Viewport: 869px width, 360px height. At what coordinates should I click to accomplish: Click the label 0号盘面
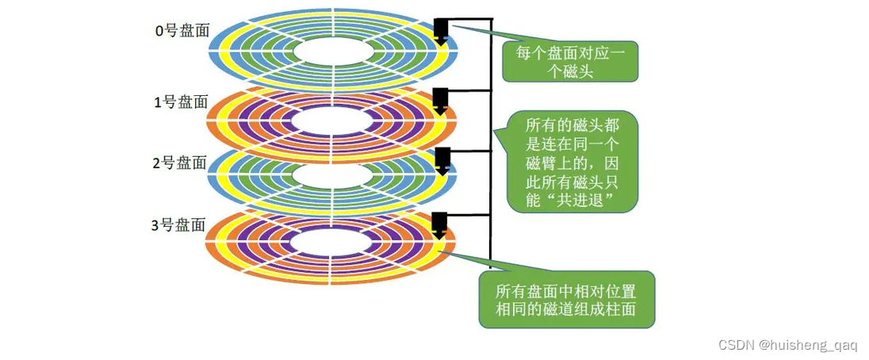[x=180, y=32]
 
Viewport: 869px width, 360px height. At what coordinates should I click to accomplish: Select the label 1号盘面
[x=180, y=102]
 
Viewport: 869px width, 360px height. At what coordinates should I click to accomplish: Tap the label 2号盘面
[x=179, y=163]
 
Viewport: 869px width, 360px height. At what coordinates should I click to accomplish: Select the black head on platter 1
[x=442, y=99]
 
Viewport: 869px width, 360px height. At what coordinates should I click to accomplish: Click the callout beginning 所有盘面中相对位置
[x=566, y=298]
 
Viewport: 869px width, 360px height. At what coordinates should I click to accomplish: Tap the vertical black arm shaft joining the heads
[x=491, y=143]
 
